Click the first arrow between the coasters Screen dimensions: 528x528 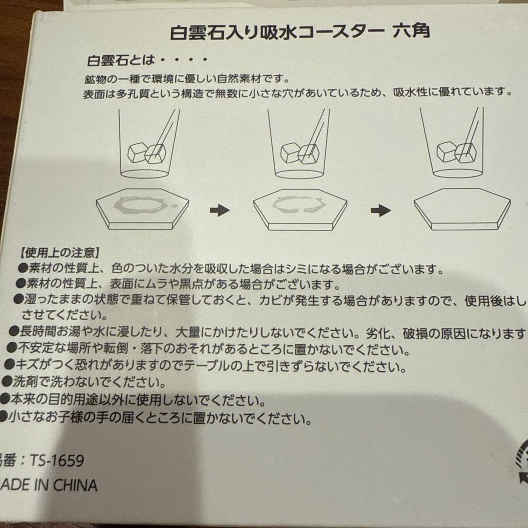point(220,210)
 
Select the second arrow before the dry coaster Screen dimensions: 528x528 point(381,211)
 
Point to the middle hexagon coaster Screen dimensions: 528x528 point(300,207)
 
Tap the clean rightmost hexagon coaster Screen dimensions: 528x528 point(462,207)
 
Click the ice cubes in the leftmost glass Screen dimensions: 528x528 point(147,153)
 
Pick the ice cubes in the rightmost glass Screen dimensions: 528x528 point(456,152)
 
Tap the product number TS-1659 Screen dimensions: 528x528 point(56,461)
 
